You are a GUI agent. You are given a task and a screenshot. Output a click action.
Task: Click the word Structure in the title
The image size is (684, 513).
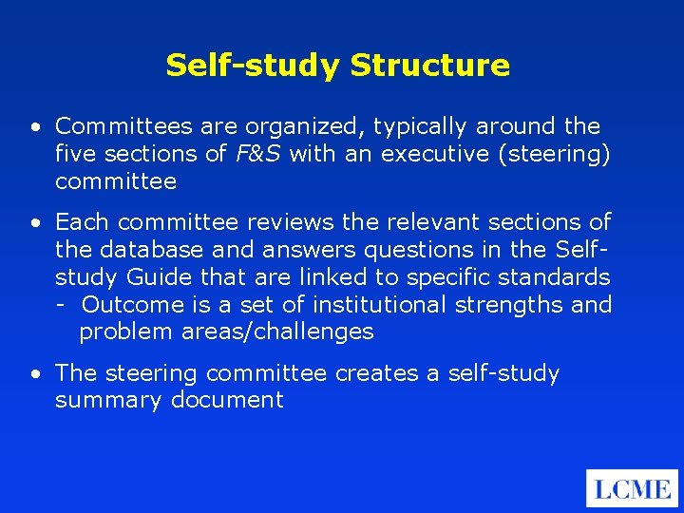coord(429,66)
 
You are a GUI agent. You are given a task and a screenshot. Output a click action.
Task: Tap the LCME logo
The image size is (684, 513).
coord(632,489)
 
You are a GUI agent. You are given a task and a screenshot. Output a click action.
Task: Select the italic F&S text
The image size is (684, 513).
coord(258,154)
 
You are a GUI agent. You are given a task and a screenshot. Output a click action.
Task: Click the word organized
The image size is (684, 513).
coord(305,126)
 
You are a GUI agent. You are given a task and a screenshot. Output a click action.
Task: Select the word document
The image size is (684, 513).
coord(227,400)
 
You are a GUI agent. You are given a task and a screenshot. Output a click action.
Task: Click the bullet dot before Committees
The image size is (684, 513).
coord(34,127)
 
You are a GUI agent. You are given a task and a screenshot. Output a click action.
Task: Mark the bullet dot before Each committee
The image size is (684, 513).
coord(34,223)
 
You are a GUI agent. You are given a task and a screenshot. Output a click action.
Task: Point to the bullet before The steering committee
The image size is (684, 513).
coord(34,374)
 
